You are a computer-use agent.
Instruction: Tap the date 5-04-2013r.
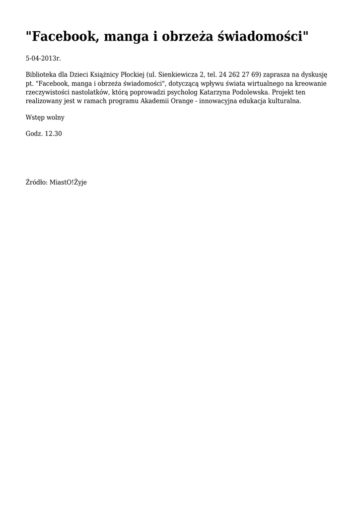[x=43, y=59]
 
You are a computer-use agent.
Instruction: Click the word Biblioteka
[x=41, y=75]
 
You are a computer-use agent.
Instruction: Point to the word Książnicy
[x=97, y=75]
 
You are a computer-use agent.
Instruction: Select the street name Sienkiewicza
[x=178, y=75]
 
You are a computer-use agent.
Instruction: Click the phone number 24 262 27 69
[x=239, y=75]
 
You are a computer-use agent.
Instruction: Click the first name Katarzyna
[x=227, y=92]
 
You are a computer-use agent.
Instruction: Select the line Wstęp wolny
[x=45, y=118]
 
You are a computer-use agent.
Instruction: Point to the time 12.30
[x=53, y=134]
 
